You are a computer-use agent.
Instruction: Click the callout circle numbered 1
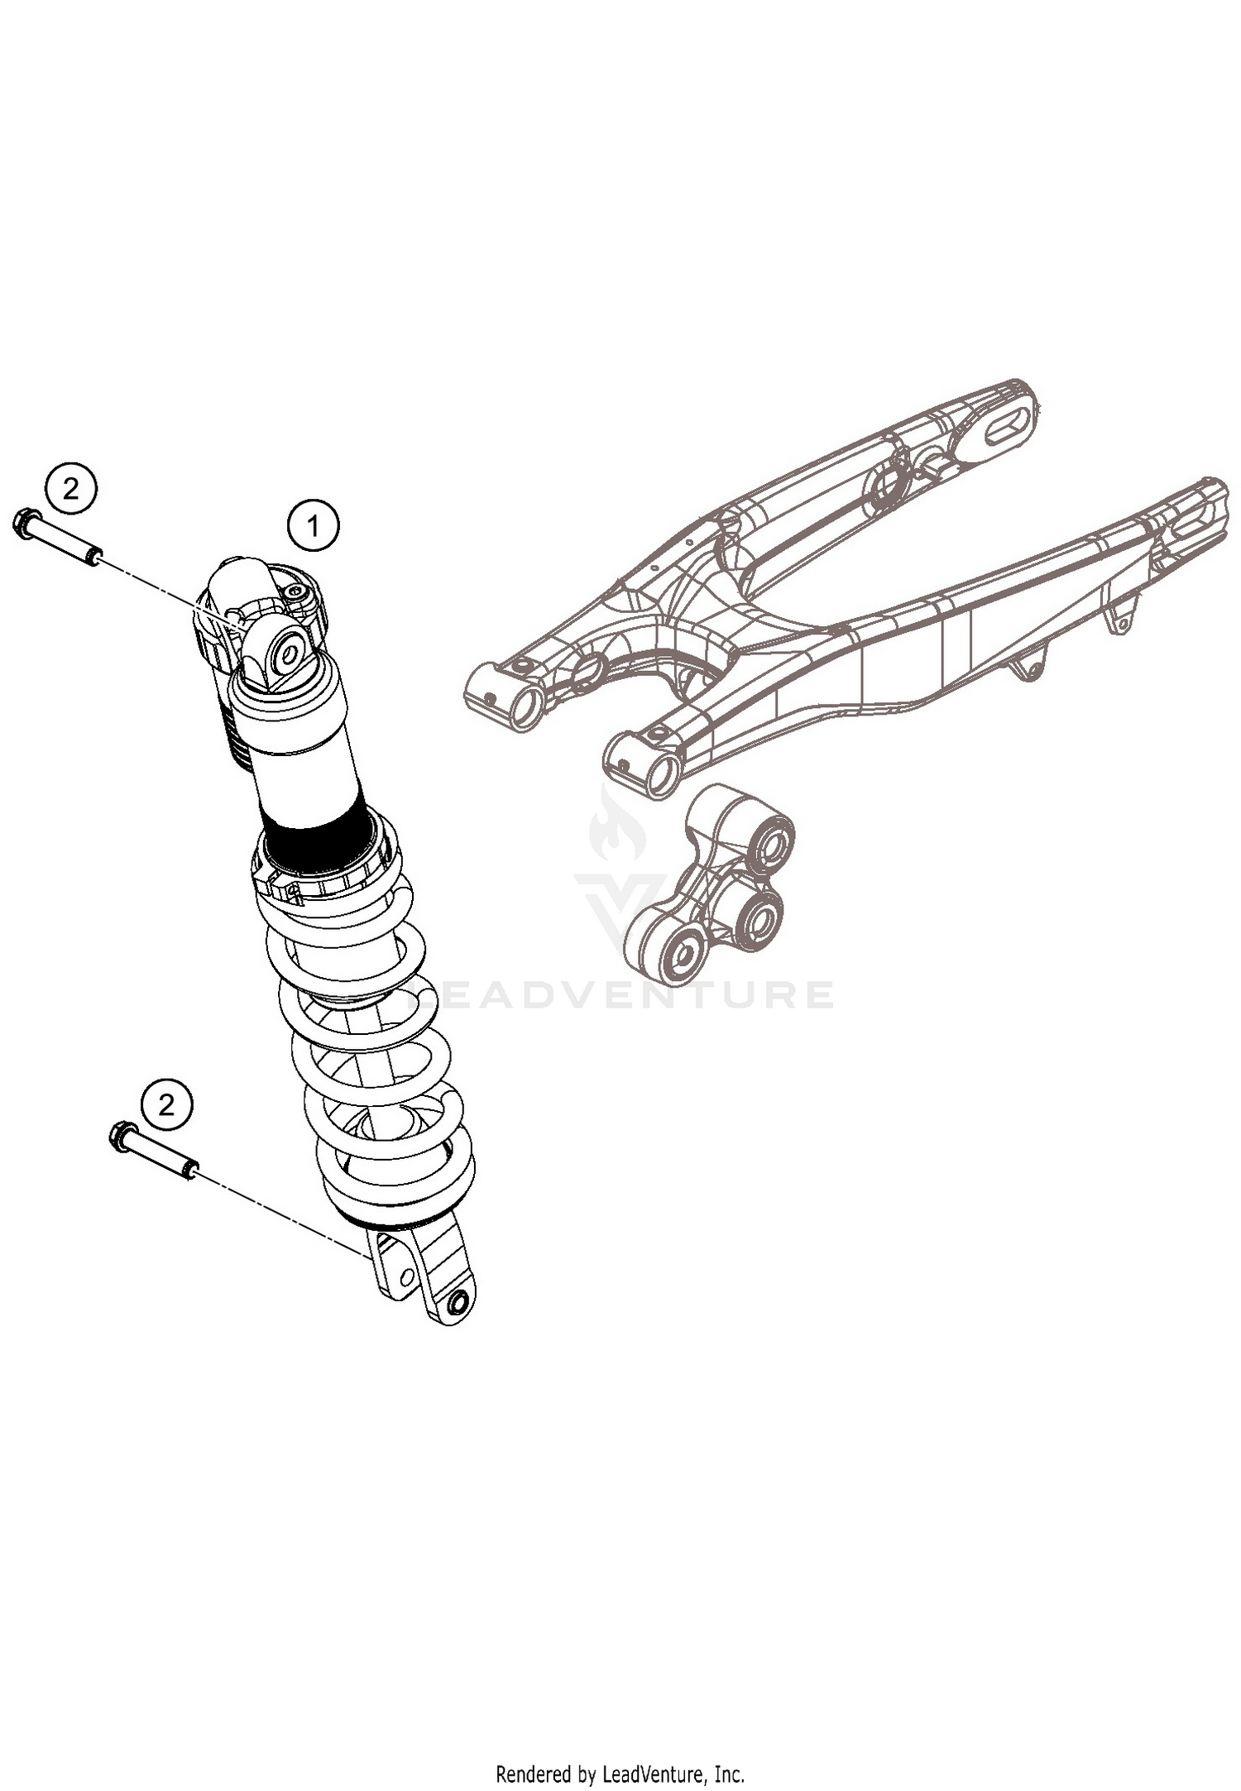click(314, 524)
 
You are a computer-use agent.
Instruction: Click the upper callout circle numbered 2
click(71, 490)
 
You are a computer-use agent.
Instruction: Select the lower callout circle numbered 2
click(166, 1104)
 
